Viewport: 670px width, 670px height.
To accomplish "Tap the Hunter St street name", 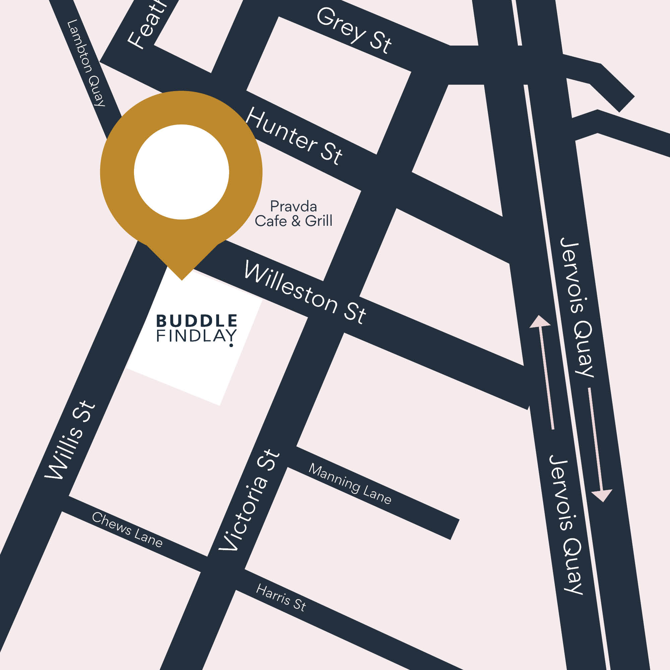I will coord(294,136).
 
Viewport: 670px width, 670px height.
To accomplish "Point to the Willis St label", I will coord(69,441).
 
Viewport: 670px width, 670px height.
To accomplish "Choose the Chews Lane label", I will coord(127,530).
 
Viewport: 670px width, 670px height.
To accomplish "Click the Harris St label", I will coord(281,598).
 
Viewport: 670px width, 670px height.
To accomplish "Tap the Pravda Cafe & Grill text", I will coord(293,214).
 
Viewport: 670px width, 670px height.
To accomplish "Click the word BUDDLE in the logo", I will coord(197,321).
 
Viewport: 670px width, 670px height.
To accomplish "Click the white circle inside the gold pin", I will coord(181,172).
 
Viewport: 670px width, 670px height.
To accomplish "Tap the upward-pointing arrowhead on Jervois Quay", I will coord(540,321).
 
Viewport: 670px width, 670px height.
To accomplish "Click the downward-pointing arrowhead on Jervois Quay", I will coord(602,496).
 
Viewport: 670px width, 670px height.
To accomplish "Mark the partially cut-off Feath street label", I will coord(146,26).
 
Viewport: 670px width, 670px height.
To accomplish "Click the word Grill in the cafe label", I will coord(318,221).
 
